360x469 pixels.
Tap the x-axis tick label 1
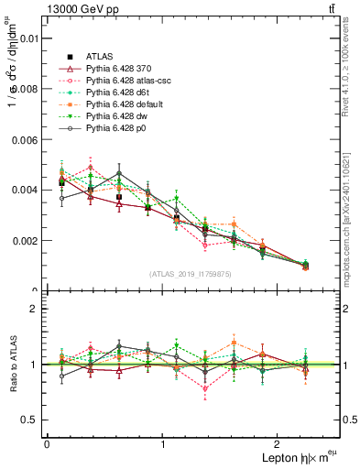coord(163,444)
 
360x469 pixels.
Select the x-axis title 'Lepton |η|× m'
coord(294,458)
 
